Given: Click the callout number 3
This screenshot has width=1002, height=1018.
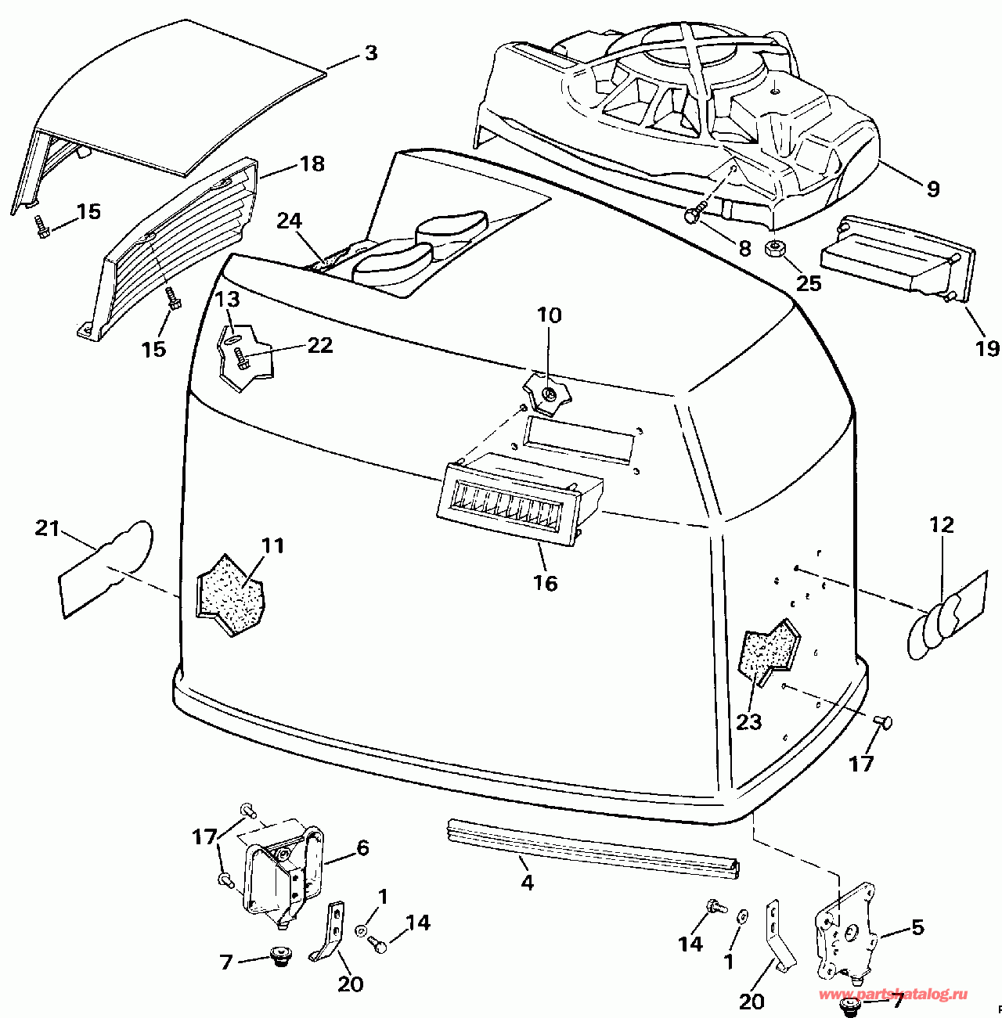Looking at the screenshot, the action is point(371,53).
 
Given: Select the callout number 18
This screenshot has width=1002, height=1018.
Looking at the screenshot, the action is point(312,164).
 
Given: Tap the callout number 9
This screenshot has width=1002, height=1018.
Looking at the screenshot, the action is point(933,189).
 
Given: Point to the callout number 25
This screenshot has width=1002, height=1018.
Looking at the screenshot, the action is point(809,284).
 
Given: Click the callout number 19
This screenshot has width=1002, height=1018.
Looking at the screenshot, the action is point(987,349).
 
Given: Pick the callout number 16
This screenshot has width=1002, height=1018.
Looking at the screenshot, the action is point(546,583).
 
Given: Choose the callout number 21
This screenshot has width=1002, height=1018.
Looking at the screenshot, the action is point(47,528).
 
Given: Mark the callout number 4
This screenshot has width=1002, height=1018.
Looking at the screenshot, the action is point(527,882).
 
